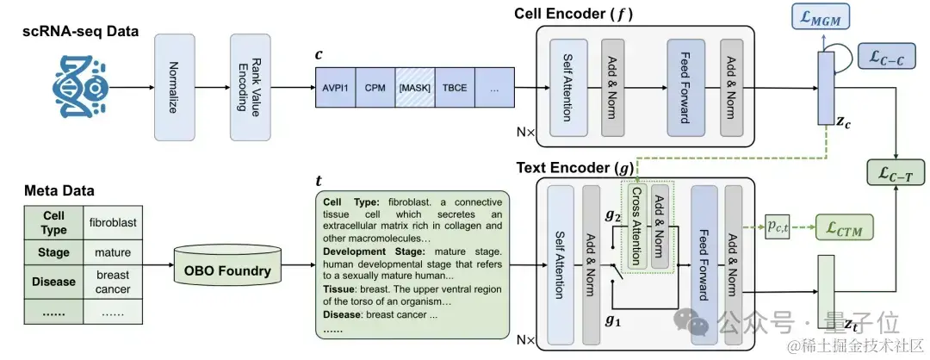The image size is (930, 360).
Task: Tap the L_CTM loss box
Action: click(x=843, y=228)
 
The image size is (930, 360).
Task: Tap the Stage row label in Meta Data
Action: click(x=54, y=253)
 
